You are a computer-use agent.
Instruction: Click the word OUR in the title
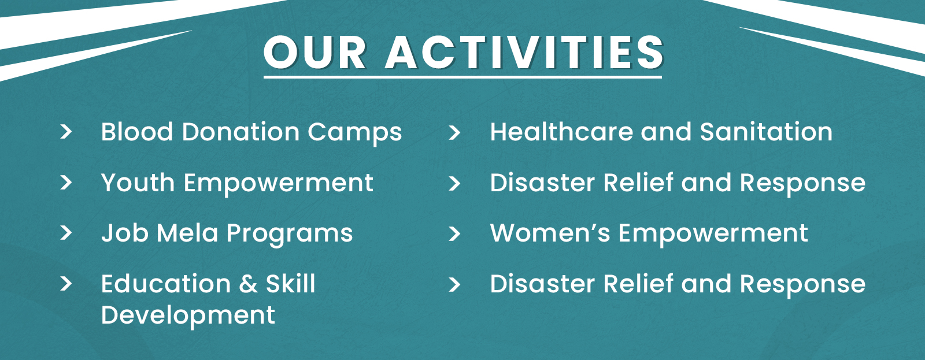tap(314, 53)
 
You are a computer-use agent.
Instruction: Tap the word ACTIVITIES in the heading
tap(524, 53)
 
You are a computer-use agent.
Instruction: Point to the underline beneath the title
tap(462, 77)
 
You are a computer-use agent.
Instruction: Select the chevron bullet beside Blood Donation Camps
tap(66, 132)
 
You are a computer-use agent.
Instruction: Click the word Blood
tap(136, 132)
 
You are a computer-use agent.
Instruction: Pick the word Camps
tap(355, 133)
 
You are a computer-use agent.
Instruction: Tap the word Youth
tap(138, 183)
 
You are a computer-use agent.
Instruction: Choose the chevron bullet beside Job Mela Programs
tap(66, 233)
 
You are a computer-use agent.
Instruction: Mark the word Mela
tap(187, 233)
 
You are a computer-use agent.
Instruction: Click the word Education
tap(166, 284)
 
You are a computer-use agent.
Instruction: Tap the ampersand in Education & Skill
tap(248, 284)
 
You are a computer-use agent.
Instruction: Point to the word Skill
tap(291, 284)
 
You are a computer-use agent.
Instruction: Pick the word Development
tap(188, 316)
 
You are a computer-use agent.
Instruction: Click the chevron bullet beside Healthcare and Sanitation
tap(454, 132)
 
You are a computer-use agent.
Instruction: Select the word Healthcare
tap(561, 132)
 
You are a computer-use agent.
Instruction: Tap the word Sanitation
tap(767, 132)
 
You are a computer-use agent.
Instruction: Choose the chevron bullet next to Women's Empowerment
tap(454, 233)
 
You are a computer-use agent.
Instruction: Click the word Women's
tap(550, 233)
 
